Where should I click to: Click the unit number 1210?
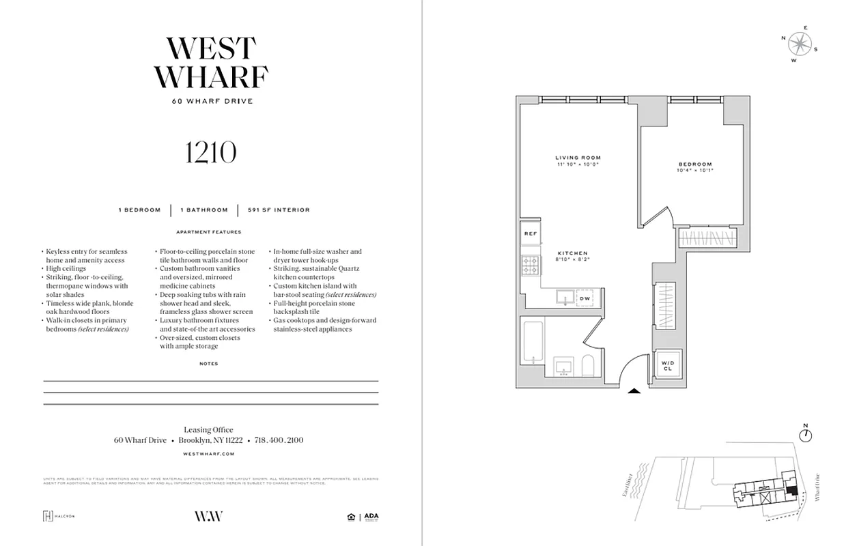[210, 152]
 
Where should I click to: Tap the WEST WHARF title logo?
[210, 62]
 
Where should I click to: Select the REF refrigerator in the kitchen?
[531, 234]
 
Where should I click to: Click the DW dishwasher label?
[585, 298]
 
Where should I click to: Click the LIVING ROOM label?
[578, 158]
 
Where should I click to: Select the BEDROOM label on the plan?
[695, 164]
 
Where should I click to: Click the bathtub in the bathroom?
[532, 343]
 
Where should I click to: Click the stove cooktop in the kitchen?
[531, 263]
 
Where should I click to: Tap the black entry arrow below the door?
[634, 391]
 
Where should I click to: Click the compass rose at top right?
[799, 44]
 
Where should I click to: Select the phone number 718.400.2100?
[279, 440]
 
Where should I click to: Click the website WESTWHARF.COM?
[209, 453]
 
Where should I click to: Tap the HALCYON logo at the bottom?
[59, 516]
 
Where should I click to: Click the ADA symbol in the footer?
[371, 516]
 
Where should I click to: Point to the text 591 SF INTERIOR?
[279, 210]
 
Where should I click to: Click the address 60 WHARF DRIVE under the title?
[212, 102]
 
